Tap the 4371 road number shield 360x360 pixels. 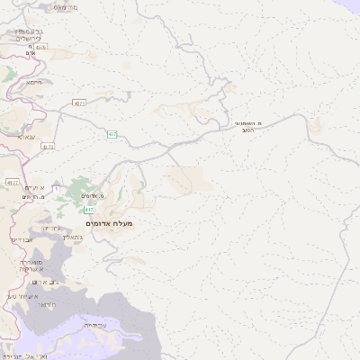click(x=80, y=103)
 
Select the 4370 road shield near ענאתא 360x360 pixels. click(x=48, y=145)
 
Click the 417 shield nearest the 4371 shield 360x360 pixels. click(x=112, y=134)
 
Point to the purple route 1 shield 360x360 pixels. click(x=55, y=187)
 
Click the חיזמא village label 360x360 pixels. click(x=35, y=82)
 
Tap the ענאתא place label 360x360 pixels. click(x=25, y=138)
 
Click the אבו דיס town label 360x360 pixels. click(x=22, y=240)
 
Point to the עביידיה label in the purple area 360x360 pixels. click(x=95, y=325)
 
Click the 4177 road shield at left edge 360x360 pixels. click(x=13, y=183)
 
